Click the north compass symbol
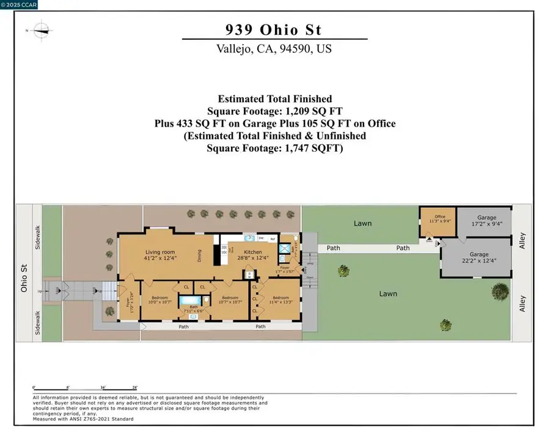coord(41,29)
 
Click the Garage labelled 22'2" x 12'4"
coord(479,257)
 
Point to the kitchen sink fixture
coord(249,238)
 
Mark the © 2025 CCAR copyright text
coord(19,4)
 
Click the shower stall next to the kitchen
coord(284,248)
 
